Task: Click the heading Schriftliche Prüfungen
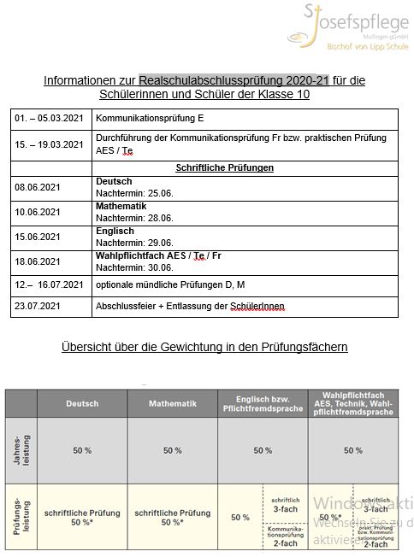coord(224,168)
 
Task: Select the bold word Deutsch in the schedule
coord(115,182)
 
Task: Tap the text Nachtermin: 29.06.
coord(133,243)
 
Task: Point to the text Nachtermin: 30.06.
coord(133,267)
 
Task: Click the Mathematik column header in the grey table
coord(172,402)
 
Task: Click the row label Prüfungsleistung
coord(19,517)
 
